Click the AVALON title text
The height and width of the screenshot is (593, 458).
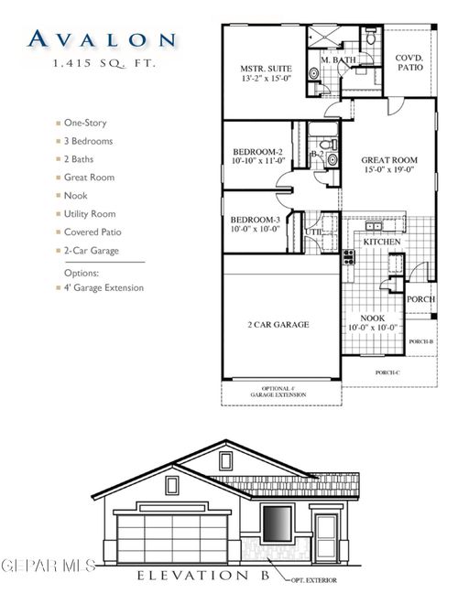(x=101, y=38)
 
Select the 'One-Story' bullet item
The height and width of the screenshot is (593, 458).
(x=89, y=123)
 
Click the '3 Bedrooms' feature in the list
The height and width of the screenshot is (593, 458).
(x=90, y=141)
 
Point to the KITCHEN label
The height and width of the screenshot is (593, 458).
(x=382, y=241)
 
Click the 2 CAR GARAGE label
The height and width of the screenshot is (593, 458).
(x=278, y=324)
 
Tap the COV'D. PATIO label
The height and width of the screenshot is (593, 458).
(x=409, y=61)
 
